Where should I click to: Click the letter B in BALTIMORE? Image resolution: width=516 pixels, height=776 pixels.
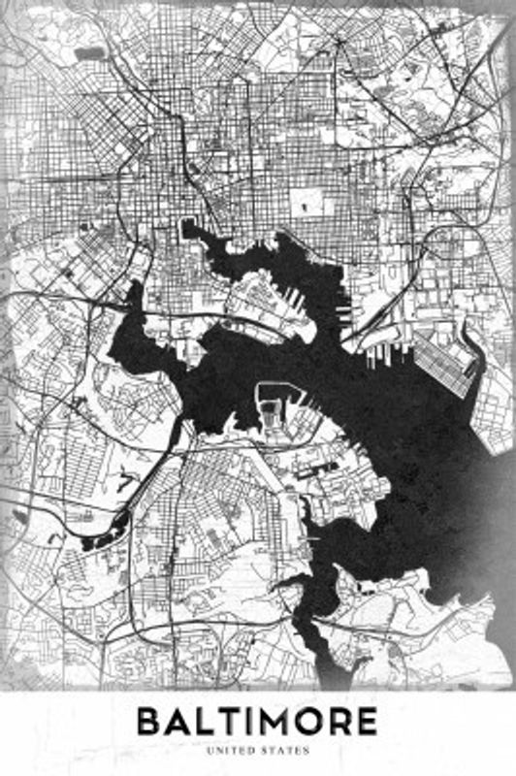pyautogui.click(x=148, y=722)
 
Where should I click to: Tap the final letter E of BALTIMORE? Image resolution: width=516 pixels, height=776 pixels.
pyautogui.click(x=366, y=722)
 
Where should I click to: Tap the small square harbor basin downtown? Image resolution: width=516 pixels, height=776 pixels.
pyautogui.click(x=187, y=229)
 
